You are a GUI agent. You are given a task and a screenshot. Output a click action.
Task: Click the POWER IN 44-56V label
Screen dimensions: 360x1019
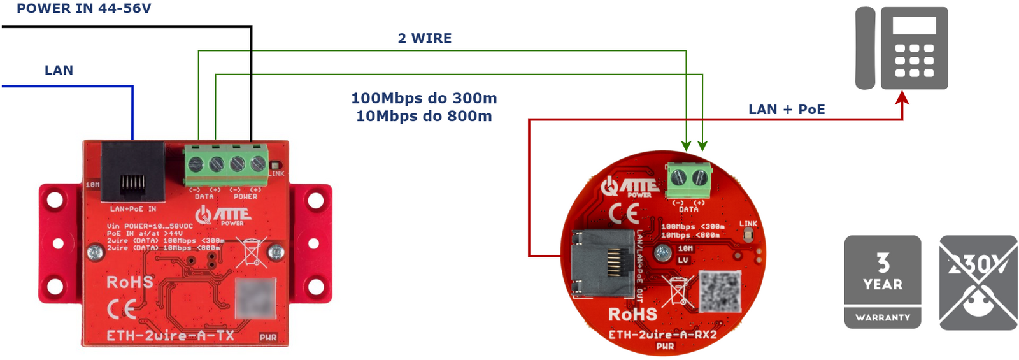coord(83,8)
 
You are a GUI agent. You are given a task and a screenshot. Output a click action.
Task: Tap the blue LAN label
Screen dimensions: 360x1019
coord(59,70)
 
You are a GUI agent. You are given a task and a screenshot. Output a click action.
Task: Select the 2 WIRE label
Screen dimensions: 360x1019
coord(424,38)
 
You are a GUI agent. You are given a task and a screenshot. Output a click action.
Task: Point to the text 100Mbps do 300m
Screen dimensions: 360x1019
coord(424,98)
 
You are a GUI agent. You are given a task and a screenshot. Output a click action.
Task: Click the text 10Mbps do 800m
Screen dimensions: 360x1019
coord(424,116)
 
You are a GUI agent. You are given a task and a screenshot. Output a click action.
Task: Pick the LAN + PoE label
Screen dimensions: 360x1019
coord(787,110)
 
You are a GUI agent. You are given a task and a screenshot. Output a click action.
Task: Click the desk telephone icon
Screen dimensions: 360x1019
coord(901,48)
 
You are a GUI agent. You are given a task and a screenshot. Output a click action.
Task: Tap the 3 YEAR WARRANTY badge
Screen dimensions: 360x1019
coord(882,282)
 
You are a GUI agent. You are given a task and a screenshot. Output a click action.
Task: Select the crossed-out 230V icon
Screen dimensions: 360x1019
coord(978,282)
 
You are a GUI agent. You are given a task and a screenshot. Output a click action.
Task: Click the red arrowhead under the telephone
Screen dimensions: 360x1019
coord(902,97)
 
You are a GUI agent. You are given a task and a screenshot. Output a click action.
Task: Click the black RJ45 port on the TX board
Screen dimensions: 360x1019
coord(132,172)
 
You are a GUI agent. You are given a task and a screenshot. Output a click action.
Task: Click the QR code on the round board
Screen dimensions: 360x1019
coord(720,291)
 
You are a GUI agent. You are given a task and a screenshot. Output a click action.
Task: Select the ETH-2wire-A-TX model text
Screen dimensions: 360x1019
coord(170,335)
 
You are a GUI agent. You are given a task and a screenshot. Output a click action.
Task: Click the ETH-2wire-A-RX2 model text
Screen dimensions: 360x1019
coord(662,335)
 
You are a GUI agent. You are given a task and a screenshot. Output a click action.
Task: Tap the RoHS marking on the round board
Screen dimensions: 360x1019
coord(632,315)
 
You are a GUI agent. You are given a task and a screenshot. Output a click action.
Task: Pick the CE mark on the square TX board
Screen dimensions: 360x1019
coord(122,310)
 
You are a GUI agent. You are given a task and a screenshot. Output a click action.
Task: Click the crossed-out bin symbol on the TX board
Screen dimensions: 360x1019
coord(250,251)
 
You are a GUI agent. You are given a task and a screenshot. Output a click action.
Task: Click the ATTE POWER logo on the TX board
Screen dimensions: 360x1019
coord(224,215)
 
